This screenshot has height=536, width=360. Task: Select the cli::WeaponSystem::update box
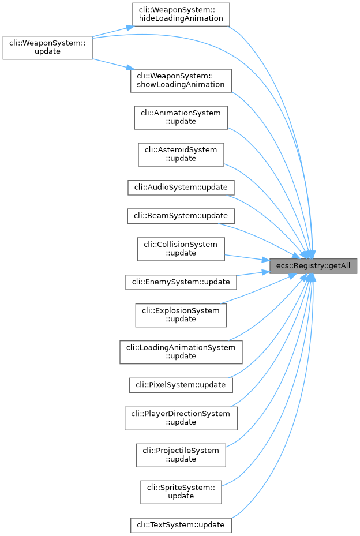(x=47, y=46)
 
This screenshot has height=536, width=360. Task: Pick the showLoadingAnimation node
(x=181, y=80)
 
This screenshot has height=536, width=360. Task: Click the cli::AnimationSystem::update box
(x=181, y=117)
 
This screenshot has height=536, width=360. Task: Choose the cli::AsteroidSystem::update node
(x=181, y=154)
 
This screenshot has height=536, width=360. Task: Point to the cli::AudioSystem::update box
(x=181, y=187)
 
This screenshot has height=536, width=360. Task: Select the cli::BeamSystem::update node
(x=181, y=216)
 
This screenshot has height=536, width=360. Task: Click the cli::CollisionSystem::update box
(x=181, y=249)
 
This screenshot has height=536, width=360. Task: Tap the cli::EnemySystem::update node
(x=181, y=282)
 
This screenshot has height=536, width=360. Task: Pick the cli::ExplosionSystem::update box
(x=181, y=315)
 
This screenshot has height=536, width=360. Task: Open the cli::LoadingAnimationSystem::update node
(x=181, y=352)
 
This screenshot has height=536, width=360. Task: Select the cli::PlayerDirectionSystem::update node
(x=181, y=418)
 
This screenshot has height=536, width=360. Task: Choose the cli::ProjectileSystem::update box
(x=181, y=455)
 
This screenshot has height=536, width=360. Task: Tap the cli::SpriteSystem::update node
(x=181, y=492)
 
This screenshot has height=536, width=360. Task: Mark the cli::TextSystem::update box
(x=181, y=525)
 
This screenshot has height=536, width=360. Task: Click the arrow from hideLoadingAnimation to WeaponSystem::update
(x=110, y=32)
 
